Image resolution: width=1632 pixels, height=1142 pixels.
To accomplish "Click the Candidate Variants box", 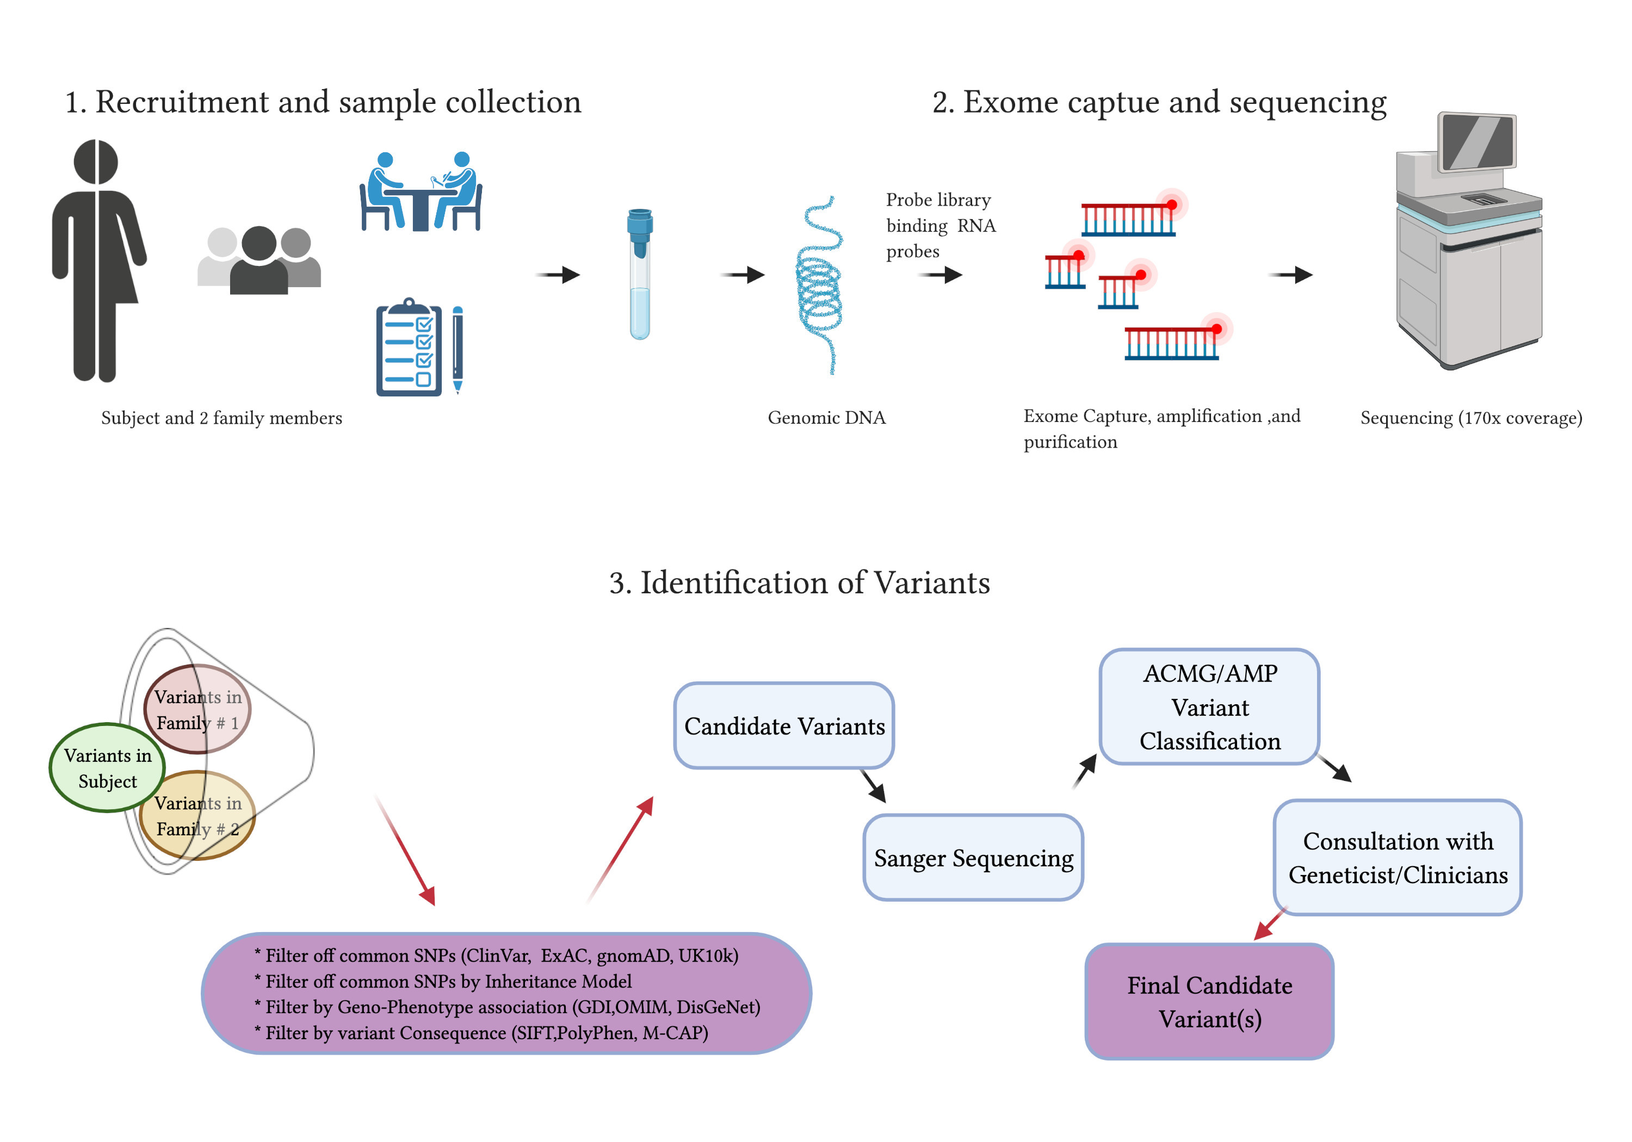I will (783, 725).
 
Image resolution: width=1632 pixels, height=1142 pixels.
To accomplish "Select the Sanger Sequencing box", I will (972, 857).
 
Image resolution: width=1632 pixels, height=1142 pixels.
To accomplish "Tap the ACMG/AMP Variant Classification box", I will (1209, 706).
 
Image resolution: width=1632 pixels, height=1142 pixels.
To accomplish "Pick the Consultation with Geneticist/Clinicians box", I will (1397, 857).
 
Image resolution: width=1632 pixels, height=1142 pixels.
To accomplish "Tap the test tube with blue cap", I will (640, 274).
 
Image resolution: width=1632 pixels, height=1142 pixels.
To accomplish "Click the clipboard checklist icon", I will (409, 348).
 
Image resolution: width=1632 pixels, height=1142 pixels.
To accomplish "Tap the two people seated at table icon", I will (421, 192).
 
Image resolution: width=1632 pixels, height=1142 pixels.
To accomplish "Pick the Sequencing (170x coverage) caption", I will (1470, 418).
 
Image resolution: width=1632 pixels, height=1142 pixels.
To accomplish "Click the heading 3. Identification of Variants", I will (799, 583).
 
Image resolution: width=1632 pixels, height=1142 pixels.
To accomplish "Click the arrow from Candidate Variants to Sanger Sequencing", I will (873, 786).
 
